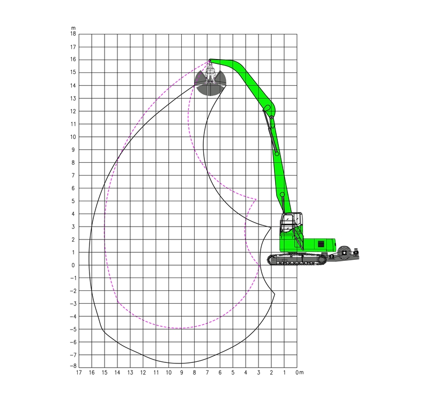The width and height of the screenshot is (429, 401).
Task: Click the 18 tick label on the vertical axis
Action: (73, 34)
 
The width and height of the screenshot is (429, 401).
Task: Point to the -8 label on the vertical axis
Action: (73, 366)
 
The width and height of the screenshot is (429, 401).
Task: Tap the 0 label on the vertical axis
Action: (73, 265)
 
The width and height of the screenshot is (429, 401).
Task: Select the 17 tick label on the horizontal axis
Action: (79, 373)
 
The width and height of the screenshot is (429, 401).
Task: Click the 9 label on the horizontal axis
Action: (181, 373)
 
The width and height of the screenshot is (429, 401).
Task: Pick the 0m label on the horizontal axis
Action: (300, 373)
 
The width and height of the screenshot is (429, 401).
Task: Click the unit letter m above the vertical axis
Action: (73, 28)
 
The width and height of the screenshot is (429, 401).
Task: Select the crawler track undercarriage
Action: (297, 259)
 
